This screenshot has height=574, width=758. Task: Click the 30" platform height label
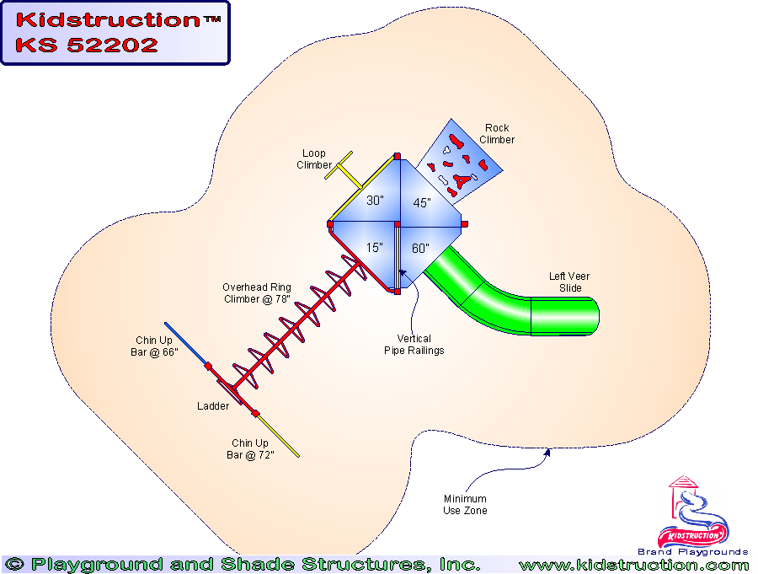point(375,201)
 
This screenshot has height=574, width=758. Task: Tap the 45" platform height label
point(421,203)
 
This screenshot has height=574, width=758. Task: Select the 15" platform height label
point(375,248)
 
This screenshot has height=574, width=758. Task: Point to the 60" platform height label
point(420,249)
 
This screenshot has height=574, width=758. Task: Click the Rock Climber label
point(497,134)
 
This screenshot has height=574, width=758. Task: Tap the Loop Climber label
point(313,159)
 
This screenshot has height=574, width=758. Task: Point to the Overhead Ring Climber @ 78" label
point(257,293)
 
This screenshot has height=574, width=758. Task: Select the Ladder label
point(213,406)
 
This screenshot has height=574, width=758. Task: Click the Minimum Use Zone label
point(465,505)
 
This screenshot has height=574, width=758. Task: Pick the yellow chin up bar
point(279,437)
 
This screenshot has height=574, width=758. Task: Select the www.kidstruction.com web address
point(633,565)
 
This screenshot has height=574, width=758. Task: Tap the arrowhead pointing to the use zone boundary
point(548,453)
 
